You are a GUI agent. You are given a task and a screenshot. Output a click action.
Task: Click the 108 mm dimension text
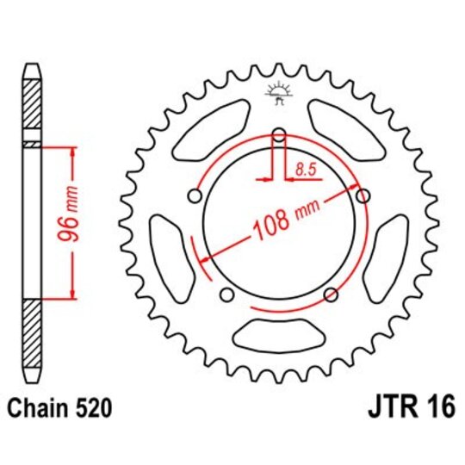pos(282,220)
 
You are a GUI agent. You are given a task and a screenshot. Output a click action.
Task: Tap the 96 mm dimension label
pos(74,223)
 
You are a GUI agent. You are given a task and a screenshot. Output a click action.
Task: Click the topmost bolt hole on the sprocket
pos(278,133)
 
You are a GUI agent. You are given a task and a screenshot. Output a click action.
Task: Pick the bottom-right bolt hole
pos(330,295)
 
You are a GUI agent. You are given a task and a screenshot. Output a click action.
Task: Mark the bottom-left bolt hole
pos(226,295)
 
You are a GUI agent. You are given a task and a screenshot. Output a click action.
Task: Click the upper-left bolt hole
pos(195,196)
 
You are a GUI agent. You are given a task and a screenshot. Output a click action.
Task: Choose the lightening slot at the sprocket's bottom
pos(278,332)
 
